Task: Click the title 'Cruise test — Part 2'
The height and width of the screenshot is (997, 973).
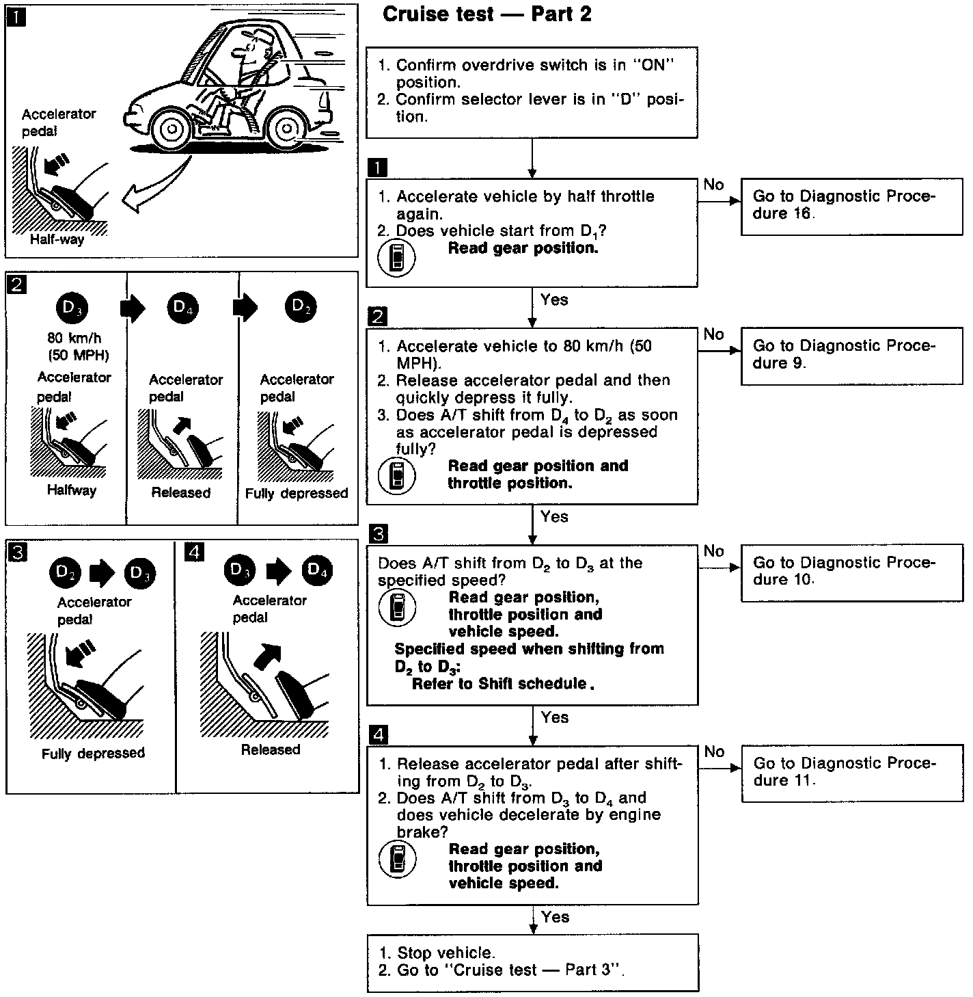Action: coord(487,14)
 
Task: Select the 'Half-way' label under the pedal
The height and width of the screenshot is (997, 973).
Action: coord(57,240)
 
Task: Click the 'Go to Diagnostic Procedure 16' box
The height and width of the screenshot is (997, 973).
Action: coord(851,206)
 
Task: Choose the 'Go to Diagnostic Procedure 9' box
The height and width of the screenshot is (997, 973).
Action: coord(851,355)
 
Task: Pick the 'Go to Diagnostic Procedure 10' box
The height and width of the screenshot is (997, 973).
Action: coord(851,572)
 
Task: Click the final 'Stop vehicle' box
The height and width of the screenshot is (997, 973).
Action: coord(532,962)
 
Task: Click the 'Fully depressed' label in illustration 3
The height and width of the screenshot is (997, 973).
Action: coord(94,754)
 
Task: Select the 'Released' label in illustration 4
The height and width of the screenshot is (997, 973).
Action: coord(271,750)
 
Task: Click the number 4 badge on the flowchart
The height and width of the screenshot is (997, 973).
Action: coord(377,735)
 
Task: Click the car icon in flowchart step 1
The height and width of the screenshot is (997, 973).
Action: coord(396,259)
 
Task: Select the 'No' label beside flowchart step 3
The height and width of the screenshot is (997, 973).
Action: coord(713,551)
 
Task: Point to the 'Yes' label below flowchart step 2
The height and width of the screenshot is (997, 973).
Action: coord(554,516)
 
